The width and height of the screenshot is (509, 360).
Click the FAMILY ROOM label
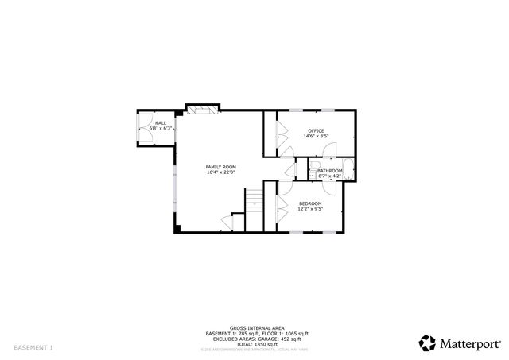tap(220, 167)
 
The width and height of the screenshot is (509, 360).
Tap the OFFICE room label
tap(317, 130)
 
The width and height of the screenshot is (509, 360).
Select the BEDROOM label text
tap(310, 204)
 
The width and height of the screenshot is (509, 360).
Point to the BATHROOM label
tap(329, 171)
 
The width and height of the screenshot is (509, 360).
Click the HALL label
tap(160, 123)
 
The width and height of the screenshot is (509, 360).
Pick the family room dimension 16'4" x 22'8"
tap(220, 172)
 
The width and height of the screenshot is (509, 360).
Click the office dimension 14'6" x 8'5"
tap(317, 136)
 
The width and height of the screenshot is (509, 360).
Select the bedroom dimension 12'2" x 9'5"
tap(310, 210)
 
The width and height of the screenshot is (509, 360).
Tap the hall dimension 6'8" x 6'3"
tap(161, 128)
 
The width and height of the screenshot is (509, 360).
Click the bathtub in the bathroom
tap(349, 170)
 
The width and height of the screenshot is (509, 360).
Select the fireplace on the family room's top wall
tap(200, 109)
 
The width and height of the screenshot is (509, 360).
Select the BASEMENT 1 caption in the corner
tap(33, 348)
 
